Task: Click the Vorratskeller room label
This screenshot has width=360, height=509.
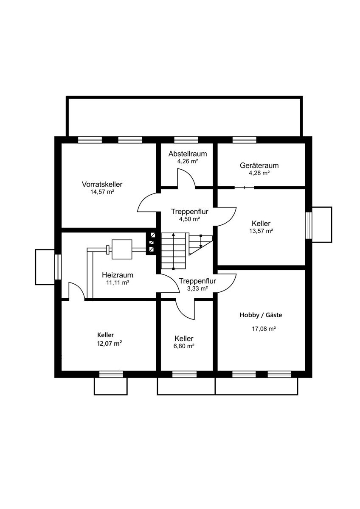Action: point(102,184)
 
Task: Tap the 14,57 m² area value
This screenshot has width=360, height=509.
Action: point(102,192)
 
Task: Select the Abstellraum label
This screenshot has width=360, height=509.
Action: point(188,154)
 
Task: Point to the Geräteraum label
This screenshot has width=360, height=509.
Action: point(259,165)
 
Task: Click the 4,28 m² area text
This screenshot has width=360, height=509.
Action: point(259,173)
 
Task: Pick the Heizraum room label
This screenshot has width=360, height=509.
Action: point(117,275)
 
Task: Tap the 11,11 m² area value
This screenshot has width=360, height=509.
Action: point(118,282)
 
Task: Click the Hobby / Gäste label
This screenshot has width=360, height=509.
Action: point(261,315)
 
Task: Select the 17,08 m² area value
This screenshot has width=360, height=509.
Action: point(264,329)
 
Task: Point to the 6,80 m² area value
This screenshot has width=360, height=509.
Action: point(184,346)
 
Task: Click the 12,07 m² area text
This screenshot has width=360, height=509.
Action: point(110,344)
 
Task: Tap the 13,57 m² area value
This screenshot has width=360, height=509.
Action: point(261,231)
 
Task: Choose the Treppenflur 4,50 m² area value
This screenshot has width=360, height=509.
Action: point(189,219)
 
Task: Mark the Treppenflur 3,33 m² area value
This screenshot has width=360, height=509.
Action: point(197,289)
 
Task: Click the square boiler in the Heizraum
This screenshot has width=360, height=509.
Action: point(122,249)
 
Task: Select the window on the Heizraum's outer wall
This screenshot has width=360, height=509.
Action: point(58,267)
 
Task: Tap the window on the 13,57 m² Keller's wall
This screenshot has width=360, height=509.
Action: point(308,225)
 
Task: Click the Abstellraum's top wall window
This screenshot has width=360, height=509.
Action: point(186,140)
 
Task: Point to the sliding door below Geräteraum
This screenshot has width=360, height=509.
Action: point(244,187)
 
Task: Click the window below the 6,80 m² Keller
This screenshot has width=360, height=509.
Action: point(184,374)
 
